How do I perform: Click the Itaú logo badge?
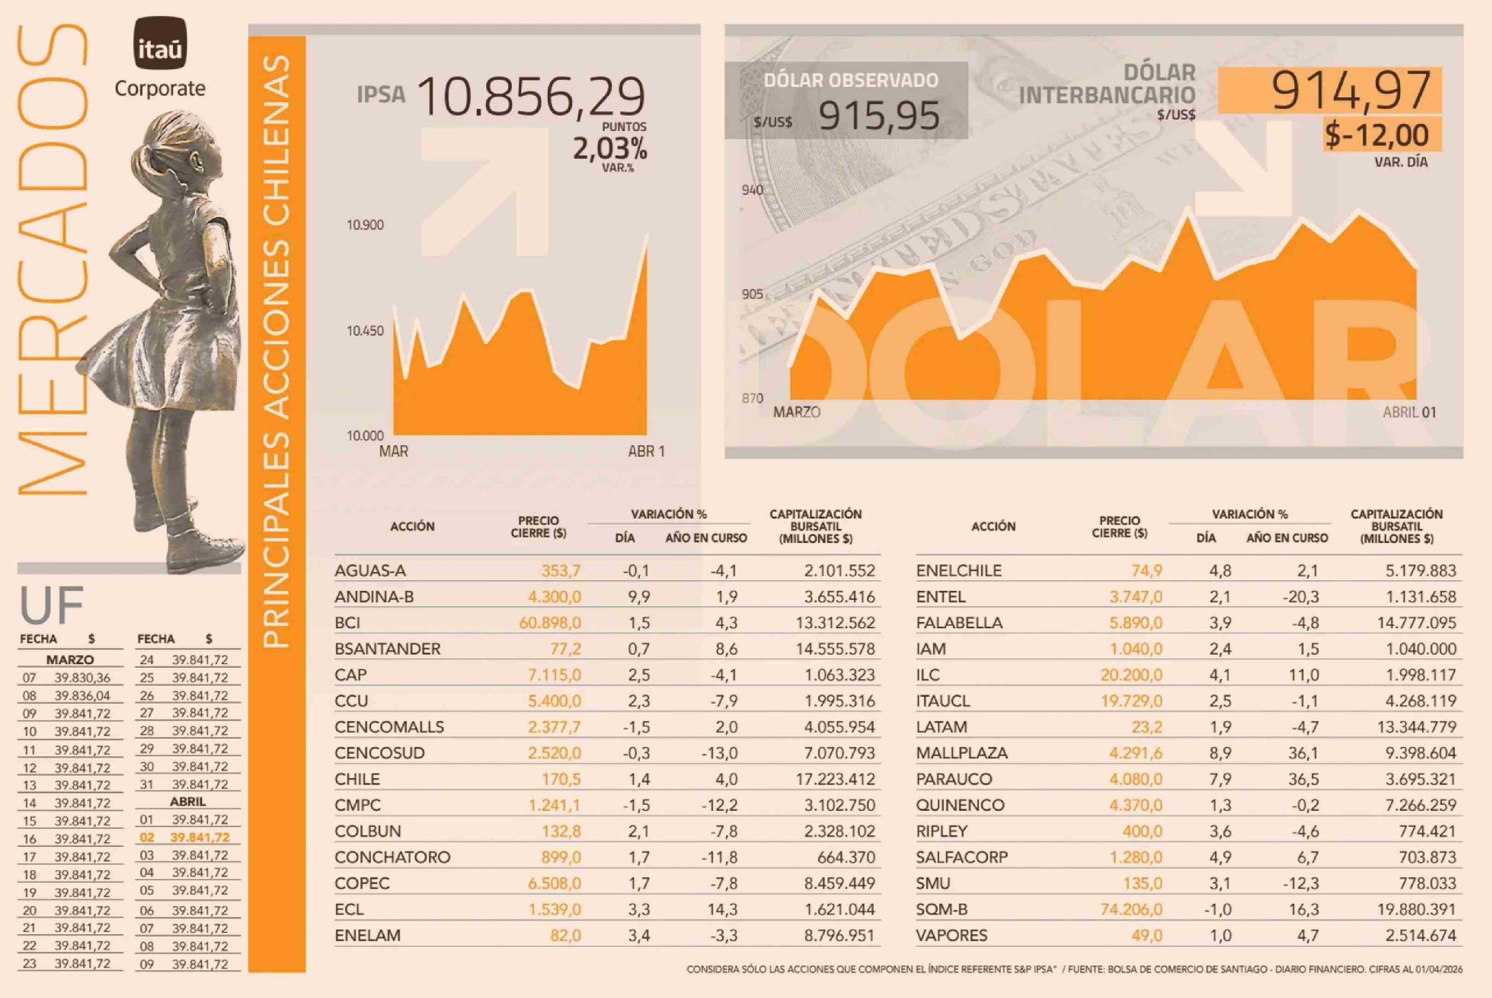[160, 43]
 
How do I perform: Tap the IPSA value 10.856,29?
[531, 97]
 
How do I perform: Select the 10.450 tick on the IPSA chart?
[365, 331]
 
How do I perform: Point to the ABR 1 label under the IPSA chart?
[646, 451]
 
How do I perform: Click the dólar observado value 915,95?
[879, 116]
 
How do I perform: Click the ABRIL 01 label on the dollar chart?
[1409, 412]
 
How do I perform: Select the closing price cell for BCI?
[549, 622]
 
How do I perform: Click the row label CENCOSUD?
[379, 753]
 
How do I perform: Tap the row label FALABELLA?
[959, 622]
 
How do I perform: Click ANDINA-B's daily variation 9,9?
[638, 597]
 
